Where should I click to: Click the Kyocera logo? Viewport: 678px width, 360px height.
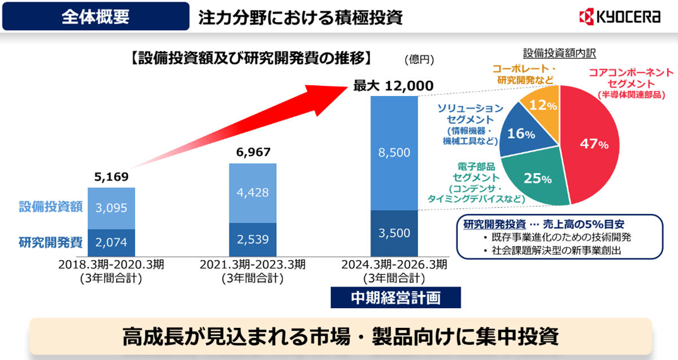click(619, 17)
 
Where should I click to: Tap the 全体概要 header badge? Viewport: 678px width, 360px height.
click(95, 16)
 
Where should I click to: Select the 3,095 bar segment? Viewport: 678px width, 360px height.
click(111, 208)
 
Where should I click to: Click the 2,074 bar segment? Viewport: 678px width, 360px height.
click(111, 242)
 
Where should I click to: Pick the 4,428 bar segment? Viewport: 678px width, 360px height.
click(253, 193)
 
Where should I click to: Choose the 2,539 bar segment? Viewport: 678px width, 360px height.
click(253, 239)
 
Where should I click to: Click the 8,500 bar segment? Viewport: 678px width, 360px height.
click(394, 153)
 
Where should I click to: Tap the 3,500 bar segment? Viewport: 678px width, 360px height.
click(394, 233)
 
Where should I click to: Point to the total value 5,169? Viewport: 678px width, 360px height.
click(111, 177)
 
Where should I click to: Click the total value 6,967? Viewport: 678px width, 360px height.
click(253, 153)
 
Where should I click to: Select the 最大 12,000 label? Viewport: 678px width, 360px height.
click(393, 86)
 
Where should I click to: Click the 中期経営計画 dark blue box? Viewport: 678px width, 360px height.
click(395, 298)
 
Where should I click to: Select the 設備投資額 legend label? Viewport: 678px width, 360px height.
click(51, 207)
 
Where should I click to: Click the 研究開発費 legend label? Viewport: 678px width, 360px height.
click(51, 242)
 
